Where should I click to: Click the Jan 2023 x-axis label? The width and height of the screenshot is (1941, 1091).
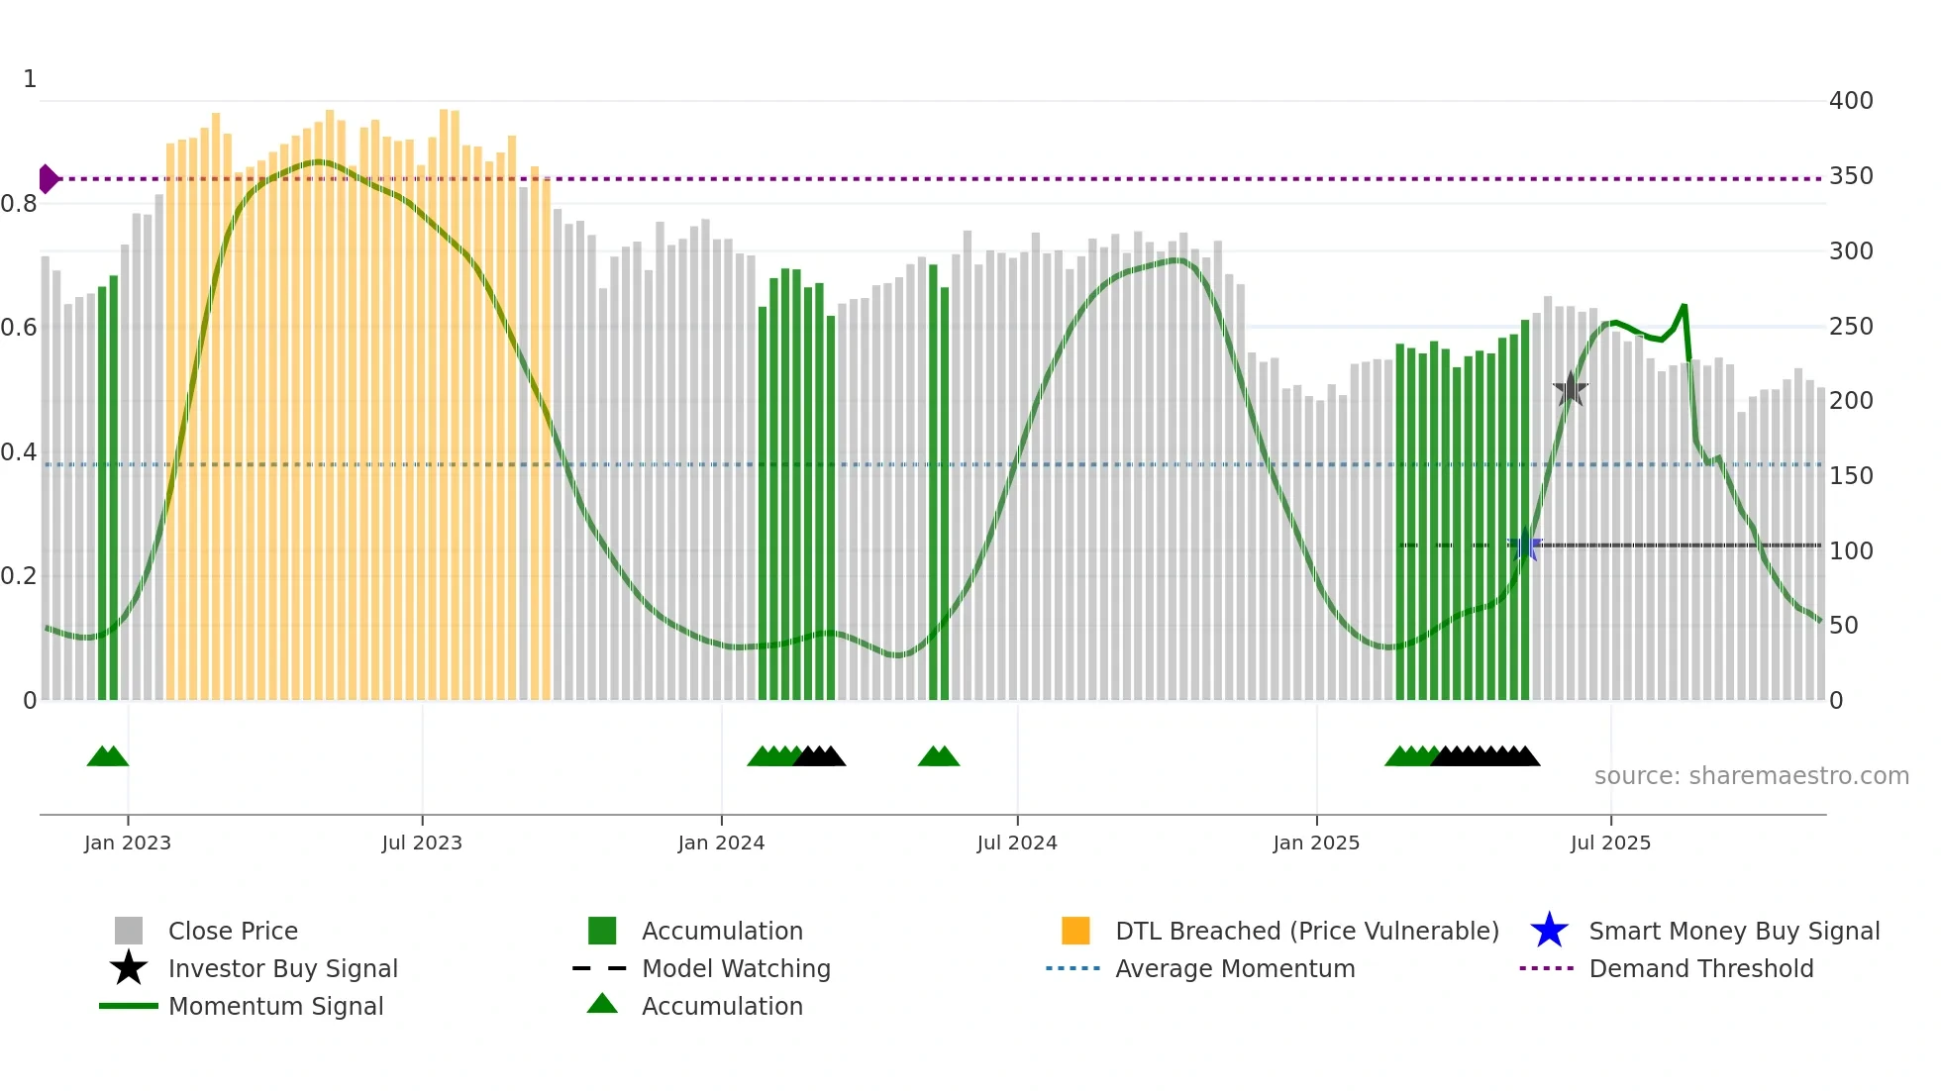[x=128, y=843]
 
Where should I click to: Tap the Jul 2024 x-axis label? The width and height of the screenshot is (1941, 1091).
[x=1017, y=843]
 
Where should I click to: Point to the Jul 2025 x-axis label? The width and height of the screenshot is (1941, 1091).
[x=1610, y=843]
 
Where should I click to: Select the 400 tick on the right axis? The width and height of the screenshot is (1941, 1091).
[x=1851, y=101]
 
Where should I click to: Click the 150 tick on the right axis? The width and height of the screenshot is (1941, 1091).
[x=1851, y=476]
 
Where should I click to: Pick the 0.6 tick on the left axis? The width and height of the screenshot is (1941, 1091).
[x=20, y=328]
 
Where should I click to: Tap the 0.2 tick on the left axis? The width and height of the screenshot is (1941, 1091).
[x=20, y=576]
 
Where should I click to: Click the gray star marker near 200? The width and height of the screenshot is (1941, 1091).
[x=1570, y=390]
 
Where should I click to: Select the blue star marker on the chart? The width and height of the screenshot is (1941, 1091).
[x=1525, y=545]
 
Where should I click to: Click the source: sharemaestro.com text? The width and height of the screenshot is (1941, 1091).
[x=1751, y=776]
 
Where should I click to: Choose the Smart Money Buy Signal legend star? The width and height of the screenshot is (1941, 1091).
[x=1549, y=931]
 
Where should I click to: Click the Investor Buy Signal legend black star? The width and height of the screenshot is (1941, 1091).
[x=129, y=968]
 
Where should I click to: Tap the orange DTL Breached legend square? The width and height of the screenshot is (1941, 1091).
[x=1075, y=931]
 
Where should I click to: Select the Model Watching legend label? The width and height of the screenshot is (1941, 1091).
[x=736, y=968]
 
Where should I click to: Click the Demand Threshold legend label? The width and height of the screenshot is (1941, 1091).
[x=1700, y=968]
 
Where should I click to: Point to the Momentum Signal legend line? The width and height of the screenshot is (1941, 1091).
[x=129, y=1006]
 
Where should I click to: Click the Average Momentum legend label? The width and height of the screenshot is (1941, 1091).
[x=1235, y=968]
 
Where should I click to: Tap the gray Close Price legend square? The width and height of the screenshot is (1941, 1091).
[x=129, y=931]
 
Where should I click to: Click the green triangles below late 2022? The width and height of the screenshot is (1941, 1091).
[x=108, y=757]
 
